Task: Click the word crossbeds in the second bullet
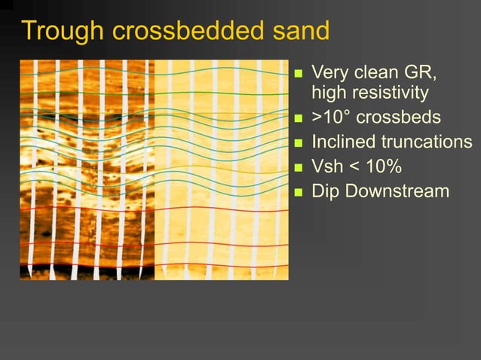[x=398, y=118]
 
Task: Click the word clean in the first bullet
[x=375, y=74]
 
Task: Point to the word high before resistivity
[x=329, y=93]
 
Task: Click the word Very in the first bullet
[x=329, y=74]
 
